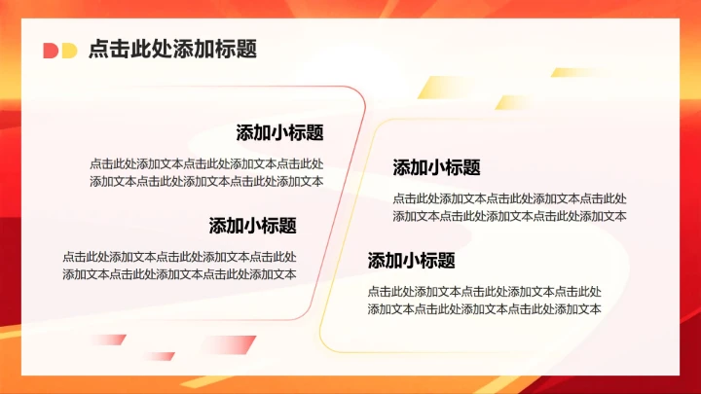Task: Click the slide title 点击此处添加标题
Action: click(x=171, y=50)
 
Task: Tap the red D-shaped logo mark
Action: click(x=51, y=51)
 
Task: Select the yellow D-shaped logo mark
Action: click(x=68, y=51)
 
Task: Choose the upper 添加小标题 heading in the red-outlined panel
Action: click(x=279, y=133)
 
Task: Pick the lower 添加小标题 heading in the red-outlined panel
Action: click(x=252, y=226)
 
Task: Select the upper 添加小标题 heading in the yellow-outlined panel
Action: click(x=436, y=167)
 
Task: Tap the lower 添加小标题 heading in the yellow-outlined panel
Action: click(x=411, y=261)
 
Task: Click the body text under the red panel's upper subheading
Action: click(x=206, y=172)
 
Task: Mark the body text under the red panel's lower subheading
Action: click(x=179, y=266)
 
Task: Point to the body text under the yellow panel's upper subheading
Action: click(x=509, y=207)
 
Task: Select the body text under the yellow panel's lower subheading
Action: click(x=484, y=300)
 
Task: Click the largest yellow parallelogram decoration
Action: click(x=437, y=88)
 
